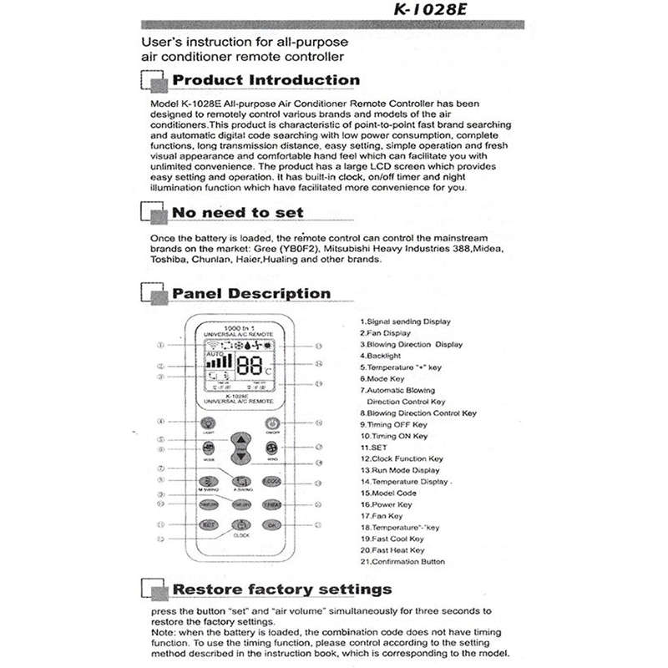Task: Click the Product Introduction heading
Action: (x=266, y=80)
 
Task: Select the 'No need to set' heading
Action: (x=237, y=212)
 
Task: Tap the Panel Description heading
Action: (x=250, y=293)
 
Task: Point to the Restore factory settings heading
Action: (x=281, y=589)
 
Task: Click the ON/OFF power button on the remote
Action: (x=272, y=424)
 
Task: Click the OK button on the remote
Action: (x=271, y=525)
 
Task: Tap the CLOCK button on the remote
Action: (x=240, y=526)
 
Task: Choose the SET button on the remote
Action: (x=240, y=452)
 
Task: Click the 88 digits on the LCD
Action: (x=250, y=365)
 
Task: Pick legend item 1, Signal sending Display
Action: (x=405, y=321)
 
